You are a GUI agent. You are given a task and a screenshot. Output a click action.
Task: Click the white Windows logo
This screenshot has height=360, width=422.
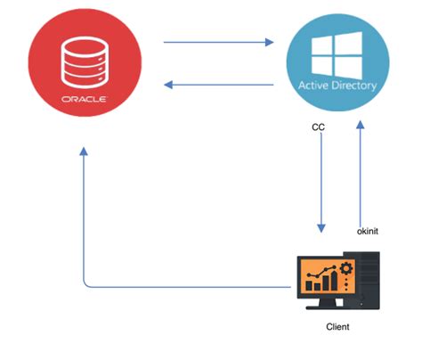tap(337, 53)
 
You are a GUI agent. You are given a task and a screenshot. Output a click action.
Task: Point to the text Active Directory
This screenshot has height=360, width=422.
tap(337, 86)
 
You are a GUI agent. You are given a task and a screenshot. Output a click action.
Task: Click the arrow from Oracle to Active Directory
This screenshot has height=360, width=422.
tap(217, 41)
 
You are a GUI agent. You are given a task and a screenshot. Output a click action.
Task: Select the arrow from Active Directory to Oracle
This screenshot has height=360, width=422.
tap(217, 86)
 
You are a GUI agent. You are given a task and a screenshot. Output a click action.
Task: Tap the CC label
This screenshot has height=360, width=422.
tap(317, 128)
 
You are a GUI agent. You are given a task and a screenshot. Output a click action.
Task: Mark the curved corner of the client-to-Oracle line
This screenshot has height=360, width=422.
tap(87, 282)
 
